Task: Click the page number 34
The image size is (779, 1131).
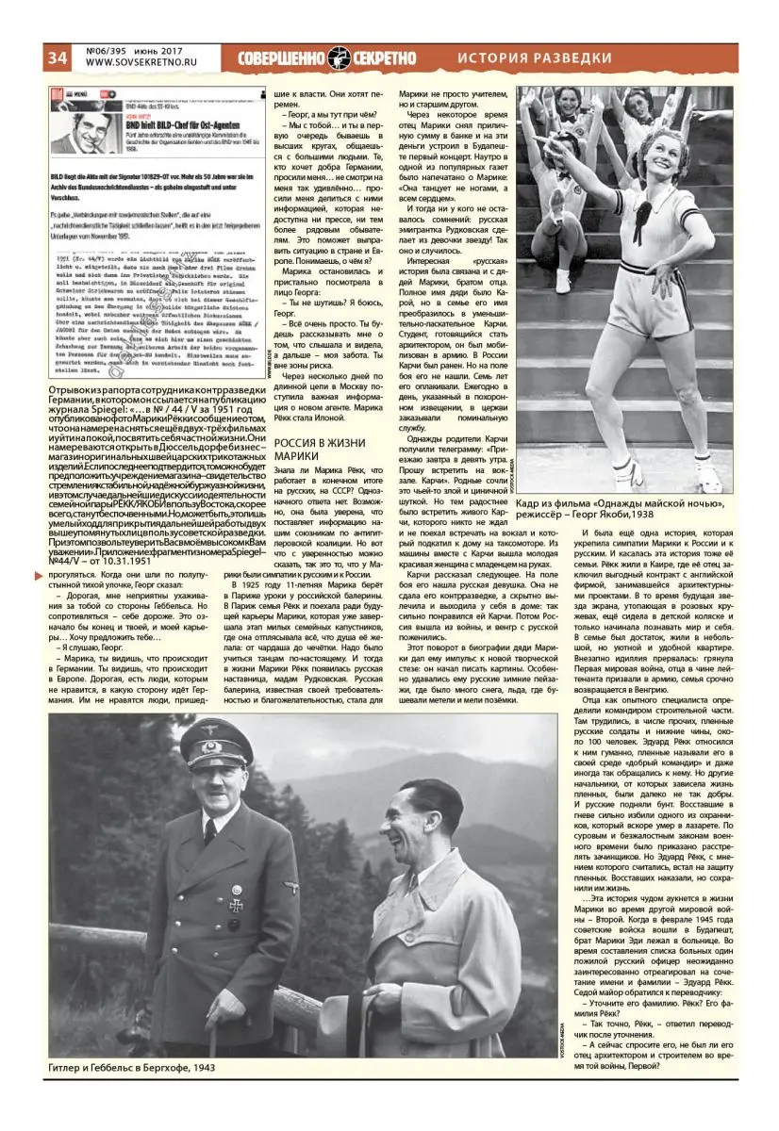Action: pyautogui.click(x=57, y=57)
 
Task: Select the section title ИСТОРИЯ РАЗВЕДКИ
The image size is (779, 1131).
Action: pyautogui.click(x=535, y=58)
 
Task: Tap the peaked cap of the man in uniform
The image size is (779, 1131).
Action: pyautogui.click(x=216, y=741)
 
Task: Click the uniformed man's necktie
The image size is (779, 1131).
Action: pyautogui.click(x=210, y=828)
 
